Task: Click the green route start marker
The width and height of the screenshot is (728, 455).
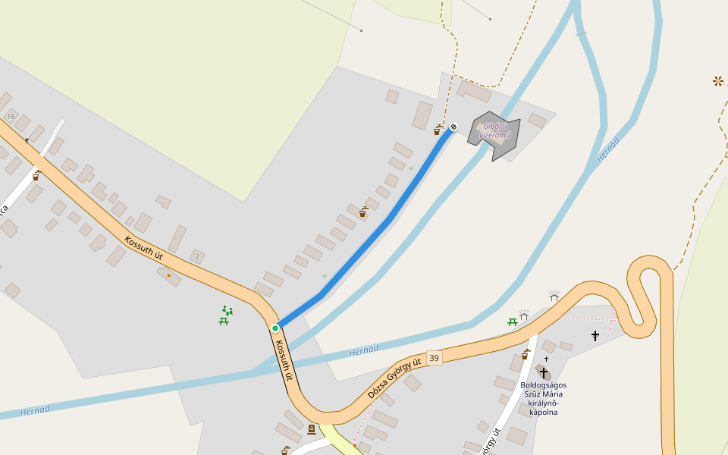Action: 275,328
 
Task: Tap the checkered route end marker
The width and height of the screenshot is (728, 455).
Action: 453,127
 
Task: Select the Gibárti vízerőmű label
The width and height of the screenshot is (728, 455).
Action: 497,130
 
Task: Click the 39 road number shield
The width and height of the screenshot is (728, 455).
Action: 434,358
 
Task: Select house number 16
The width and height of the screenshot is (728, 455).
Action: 11,116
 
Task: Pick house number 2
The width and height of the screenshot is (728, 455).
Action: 197,257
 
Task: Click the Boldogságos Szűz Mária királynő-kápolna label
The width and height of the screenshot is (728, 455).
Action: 543,398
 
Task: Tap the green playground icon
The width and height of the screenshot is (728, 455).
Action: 227,310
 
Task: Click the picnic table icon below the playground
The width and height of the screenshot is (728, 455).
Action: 224,322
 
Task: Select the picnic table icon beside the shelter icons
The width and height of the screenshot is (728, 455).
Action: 513,322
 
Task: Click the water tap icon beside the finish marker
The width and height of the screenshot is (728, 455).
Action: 438,130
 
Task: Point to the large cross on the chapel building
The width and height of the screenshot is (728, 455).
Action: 543,372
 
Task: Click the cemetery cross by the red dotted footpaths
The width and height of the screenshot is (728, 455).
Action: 595,334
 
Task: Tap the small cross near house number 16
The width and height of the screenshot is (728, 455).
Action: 27,140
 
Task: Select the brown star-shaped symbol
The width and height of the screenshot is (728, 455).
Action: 717,80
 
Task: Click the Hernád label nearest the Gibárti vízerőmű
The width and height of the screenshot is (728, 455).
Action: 608,149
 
